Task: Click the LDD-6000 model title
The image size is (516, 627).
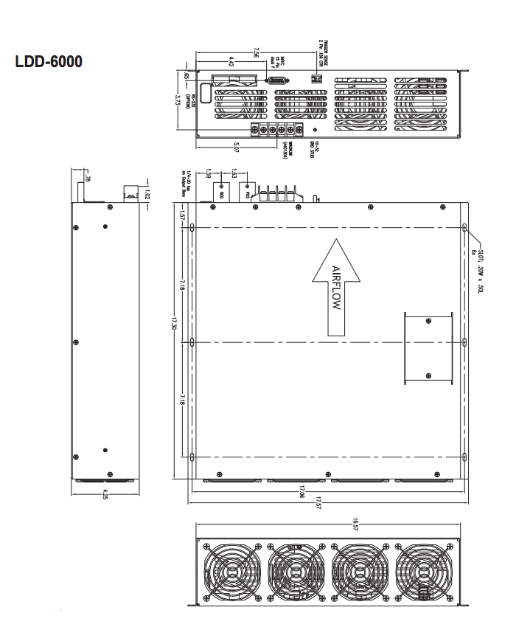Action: click(x=49, y=63)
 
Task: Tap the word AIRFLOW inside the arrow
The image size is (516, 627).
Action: click(x=336, y=288)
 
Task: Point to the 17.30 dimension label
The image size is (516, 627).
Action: click(x=175, y=324)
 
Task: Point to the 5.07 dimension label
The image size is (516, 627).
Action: click(x=236, y=148)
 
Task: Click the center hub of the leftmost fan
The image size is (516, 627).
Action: click(x=229, y=573)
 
